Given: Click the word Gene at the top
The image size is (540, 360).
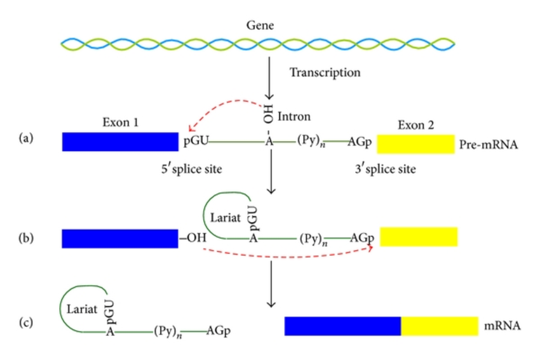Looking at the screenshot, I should click(x=258, y=27).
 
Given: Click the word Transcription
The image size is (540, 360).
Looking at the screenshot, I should click(x=325, y=72).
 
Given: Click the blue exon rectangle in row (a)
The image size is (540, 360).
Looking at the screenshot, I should click(x=120, y=142).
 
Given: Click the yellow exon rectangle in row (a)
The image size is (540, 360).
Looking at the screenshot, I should click(x=415, y=144).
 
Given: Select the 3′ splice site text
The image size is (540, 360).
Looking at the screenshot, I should click(x=385, y=169).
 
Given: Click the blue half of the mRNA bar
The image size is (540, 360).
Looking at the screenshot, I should click(x=342, y=326).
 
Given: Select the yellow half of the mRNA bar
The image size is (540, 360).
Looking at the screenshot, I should click(x=439, y=326).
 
